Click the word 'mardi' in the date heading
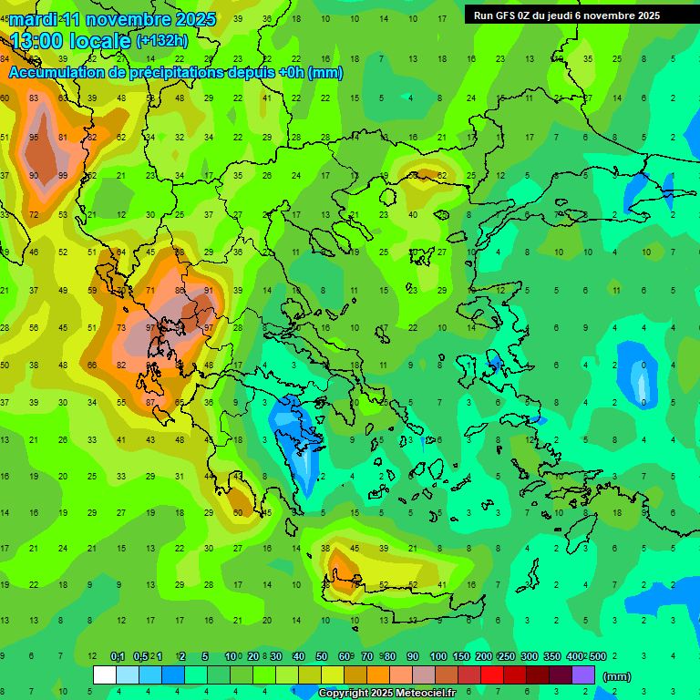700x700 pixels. point(34,19)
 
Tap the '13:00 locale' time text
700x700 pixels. point(71,40)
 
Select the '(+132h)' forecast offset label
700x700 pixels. point(162,40)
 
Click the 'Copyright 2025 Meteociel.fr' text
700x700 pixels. point(387,694)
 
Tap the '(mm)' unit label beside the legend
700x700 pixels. point(617,676)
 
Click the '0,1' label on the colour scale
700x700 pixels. point(118,656)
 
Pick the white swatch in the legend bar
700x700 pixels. point(105,675)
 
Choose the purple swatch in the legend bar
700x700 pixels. point(583,675)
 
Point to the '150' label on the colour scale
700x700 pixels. point(461,656)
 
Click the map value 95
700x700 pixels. point(34,138)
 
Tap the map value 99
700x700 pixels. point(63,176)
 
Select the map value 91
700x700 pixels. point(209,291)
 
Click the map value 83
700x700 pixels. point(34,98)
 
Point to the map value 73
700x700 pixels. point(121,328)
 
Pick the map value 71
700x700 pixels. point(150,291)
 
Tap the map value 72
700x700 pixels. point(34,215)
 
